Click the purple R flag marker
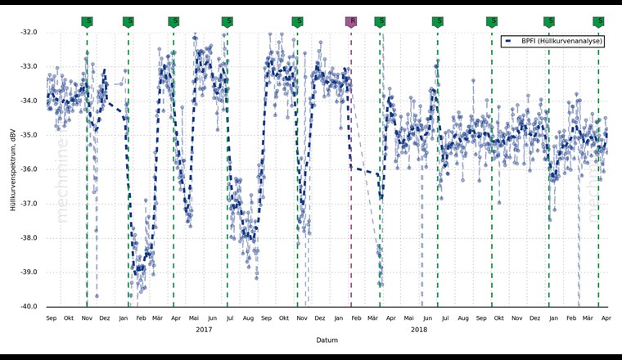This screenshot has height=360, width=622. pyautogui.click(x=351, y=21)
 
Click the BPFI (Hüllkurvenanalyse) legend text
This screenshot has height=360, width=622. pyautogui.click(x=561, y=41)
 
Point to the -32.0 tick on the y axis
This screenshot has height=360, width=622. pyautogui.click(x=29, y=33)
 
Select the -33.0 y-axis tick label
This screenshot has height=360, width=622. pyautogui.click(x=29, y=67)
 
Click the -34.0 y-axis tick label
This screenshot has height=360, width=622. pyautogui.click(x=29, y=101)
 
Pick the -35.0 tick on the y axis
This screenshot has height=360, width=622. pyautogui.click(x=29, y=136)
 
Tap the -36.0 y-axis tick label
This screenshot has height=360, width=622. pyautogui.click(x=29, y=170)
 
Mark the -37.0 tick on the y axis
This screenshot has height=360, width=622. pyautogui.click(x=29, y=204)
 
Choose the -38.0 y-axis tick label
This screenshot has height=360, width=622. pyautogui.click(x=29, y=238)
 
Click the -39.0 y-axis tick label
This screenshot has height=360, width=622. pyautogui.click(x=29, y=272)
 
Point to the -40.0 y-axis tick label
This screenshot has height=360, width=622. pyautogui.click(x=29, y=307)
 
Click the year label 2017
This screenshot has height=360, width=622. pyautogui.click(x=204, y=330)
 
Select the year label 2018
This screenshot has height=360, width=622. pyautogui.click(x=419, y=330)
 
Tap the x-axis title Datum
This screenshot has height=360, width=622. pyautogui.click(x=327, y=340)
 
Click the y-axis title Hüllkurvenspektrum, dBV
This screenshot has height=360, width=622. pyautogui.click(x=14, y=169)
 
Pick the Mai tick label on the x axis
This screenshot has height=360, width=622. pyautogui.click(x=194, y=317)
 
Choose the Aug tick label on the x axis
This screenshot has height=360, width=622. pyautogui.click(x=463, y=317)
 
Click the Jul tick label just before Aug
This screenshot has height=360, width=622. pyautogui.click(x=445, y=317)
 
